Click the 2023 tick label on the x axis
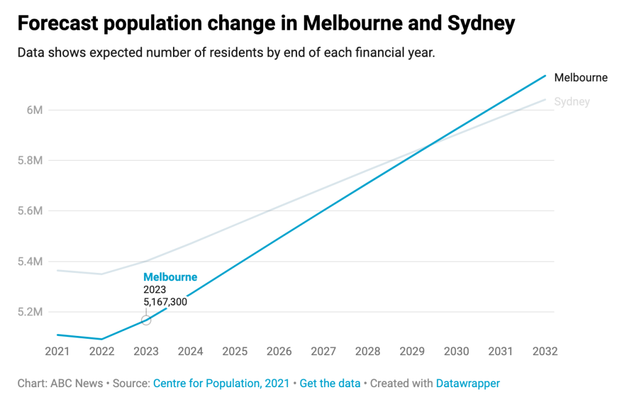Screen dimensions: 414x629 [x=146, y=352]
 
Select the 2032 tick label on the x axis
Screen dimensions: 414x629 [x=545, y=352]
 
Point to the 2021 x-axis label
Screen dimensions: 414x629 [x=57, y=352]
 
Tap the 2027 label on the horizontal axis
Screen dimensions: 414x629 [x=323, y=352]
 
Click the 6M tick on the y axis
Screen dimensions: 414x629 [x=35, y=110]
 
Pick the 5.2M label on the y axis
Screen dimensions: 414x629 [x=31, y=312]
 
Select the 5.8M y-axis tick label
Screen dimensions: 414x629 [x=31, y=160]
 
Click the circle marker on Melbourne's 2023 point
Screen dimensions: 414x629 [x=146, y=320]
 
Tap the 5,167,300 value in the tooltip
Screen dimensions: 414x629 [x=165, y=302]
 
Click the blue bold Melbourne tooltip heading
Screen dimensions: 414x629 [x=170, y=277]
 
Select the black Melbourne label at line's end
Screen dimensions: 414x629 [x=581, y=78]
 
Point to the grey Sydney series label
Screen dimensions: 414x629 [x=572, y=102]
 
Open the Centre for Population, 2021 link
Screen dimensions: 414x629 [x=221, y=383]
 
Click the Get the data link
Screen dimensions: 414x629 [x=330, y=383]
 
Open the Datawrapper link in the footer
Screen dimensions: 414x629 [x=468, y=383]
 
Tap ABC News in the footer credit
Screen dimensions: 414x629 [x=76, y=383]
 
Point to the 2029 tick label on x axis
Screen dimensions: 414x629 [x=412, y=352]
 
